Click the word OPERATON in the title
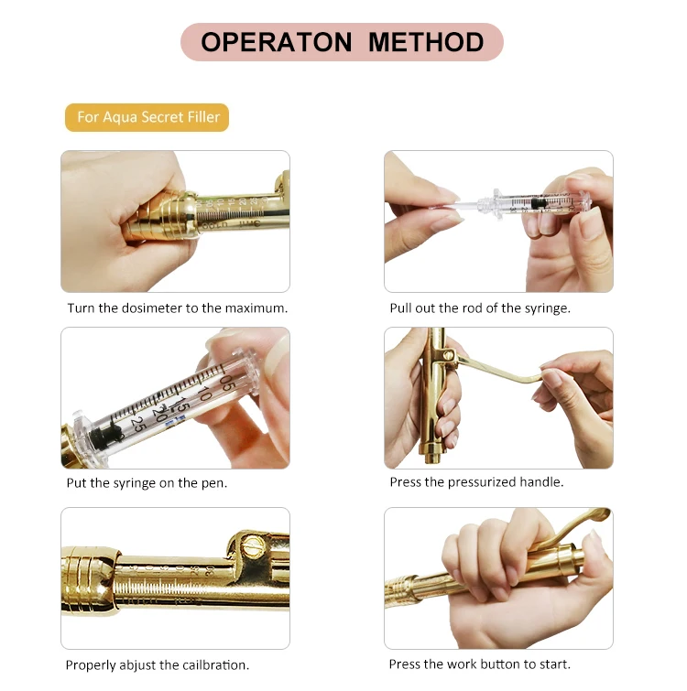(x=277, y=42)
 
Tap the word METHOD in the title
(x=426, y=42)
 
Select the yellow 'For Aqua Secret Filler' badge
(x=147, y=117)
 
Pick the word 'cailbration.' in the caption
(x=215, y=664)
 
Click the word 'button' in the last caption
(x=499, y=664)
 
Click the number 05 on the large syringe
(x=228, y=383)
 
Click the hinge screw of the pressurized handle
(x=448, y=354)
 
